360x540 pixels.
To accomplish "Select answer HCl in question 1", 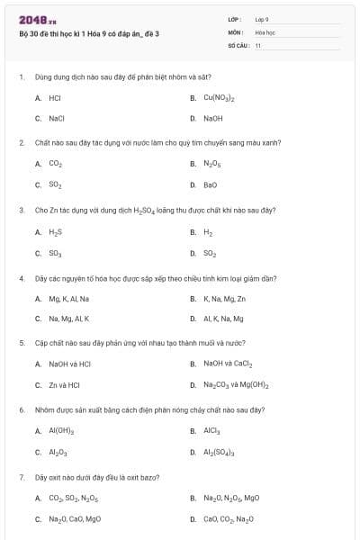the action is click(54, 97).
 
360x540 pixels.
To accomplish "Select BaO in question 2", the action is click(210, 184).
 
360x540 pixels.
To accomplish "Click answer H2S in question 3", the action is click(55, 231).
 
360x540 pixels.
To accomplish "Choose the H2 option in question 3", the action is click(208, 231).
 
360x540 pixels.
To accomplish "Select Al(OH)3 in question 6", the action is click(60, 430).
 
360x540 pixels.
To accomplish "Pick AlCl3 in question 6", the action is click(212, 430).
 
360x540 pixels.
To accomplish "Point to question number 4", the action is click(21, 278).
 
